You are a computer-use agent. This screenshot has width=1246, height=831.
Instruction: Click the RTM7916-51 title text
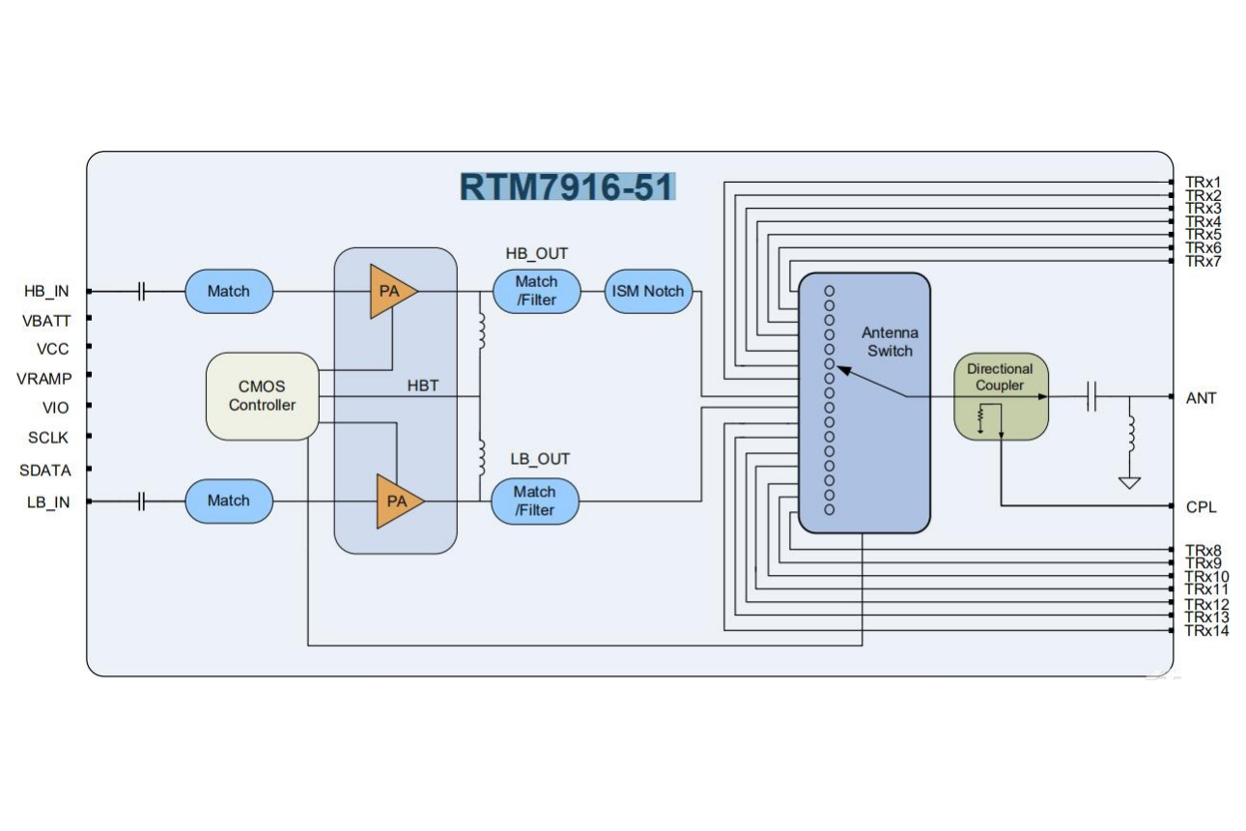point(567,186)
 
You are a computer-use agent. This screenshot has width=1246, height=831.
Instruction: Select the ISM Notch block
point(648,291)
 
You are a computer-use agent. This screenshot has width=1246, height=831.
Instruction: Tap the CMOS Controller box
point(262,396)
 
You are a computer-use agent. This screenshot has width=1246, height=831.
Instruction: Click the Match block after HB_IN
point(228,291)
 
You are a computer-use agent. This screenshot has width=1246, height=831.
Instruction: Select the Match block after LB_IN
point(228,501)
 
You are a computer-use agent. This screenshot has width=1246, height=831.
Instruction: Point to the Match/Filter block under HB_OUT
point(536,291)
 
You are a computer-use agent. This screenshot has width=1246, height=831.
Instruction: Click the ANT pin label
point(1201,398)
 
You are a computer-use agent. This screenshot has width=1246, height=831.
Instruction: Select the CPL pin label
point(1201,506)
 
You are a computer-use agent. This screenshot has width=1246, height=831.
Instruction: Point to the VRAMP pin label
point(42,379)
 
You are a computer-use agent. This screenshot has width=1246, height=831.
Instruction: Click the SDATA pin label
point(45,471)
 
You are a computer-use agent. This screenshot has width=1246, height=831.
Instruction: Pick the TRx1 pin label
point(1204,182)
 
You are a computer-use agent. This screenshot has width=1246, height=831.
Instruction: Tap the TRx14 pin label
point(1206,631)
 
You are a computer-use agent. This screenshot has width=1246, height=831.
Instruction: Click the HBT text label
point(423,386)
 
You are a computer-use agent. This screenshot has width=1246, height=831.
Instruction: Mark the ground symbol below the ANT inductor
point(1128,482)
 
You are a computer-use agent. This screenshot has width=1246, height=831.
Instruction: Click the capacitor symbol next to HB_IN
point(142,291)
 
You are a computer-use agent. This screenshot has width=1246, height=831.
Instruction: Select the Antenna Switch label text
point(889,342)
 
